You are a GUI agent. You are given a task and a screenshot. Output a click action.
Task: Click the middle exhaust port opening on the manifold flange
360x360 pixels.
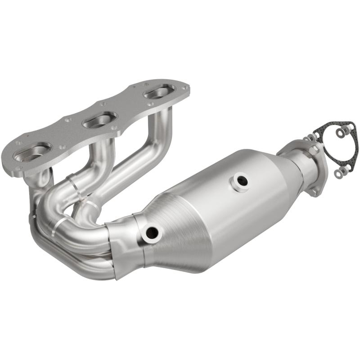tap(98, 120)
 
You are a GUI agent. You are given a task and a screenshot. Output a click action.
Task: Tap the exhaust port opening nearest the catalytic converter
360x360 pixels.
tap(159, 93)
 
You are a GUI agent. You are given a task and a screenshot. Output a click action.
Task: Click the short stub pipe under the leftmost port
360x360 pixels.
tap(38, 184)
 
